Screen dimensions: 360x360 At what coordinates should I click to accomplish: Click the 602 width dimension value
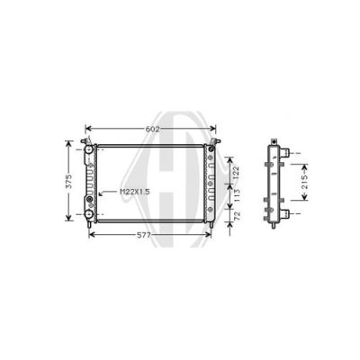[152, 129]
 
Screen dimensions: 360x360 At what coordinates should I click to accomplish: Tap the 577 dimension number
[144, 235]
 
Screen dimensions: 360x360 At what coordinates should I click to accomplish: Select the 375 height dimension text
[69, 181]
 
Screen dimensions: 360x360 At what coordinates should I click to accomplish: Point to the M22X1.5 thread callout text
[135, 192]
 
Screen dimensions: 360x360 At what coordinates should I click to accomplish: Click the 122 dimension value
[236, 173]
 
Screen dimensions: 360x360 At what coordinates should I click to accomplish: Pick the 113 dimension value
[236, 195]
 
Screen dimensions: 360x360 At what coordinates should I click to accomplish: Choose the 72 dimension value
[238, 216]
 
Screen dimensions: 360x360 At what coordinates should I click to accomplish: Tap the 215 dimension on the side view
[304, 182]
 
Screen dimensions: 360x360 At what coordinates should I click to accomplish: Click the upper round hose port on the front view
[88, 149]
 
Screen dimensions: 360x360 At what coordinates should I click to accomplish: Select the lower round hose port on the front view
[88, 214]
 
